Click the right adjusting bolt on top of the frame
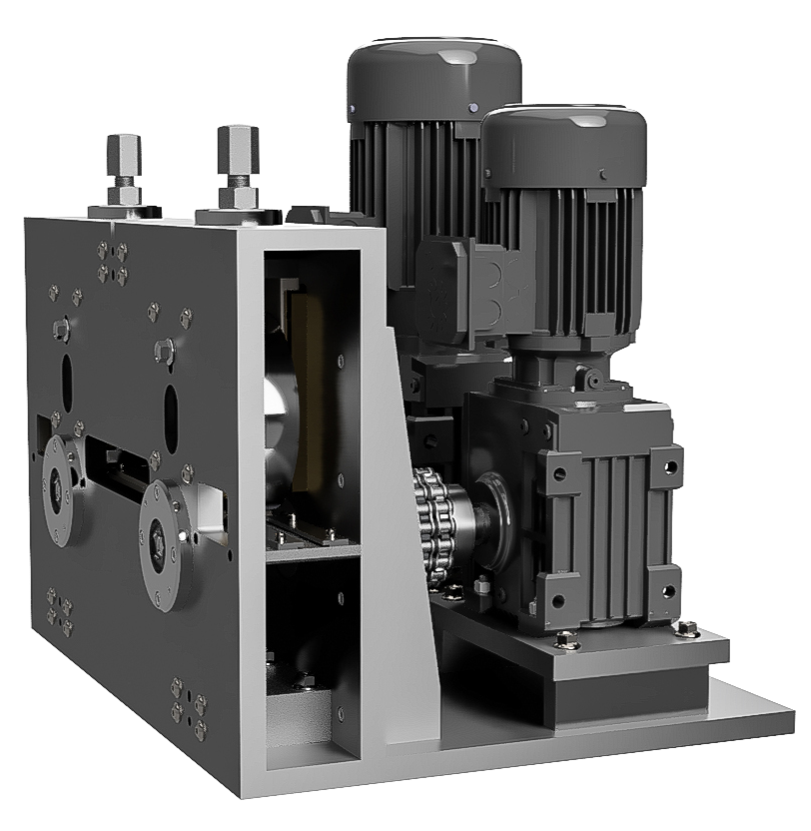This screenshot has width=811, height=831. pos(237,160)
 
